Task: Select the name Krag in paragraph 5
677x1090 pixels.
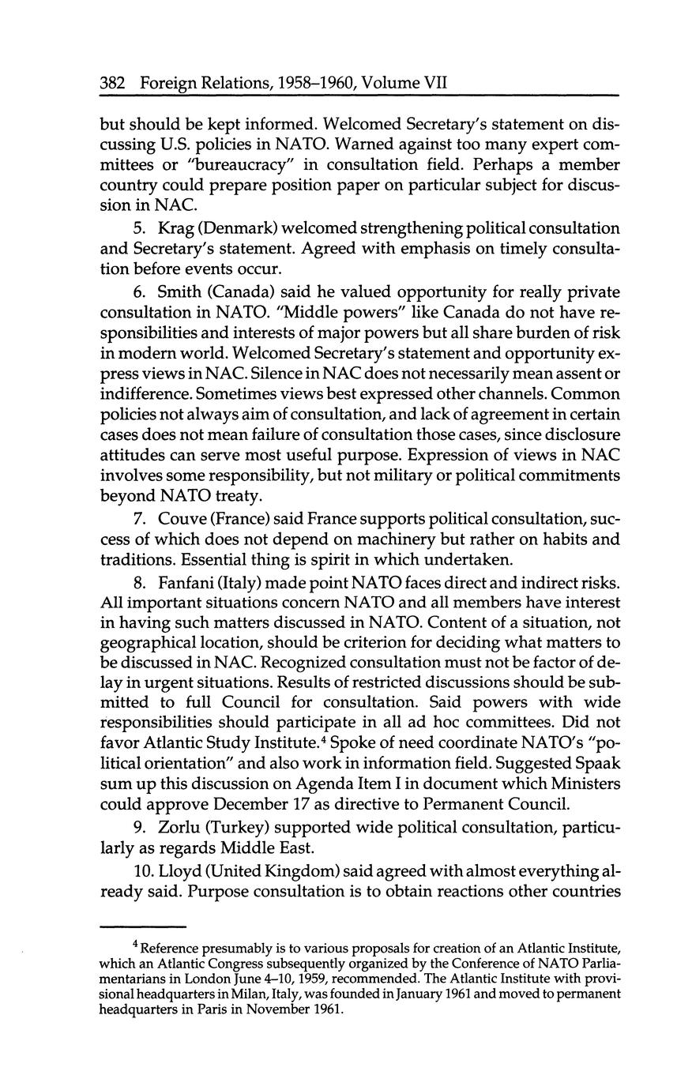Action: click(178, 228)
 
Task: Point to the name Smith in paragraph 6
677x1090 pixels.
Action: click(182, 291)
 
